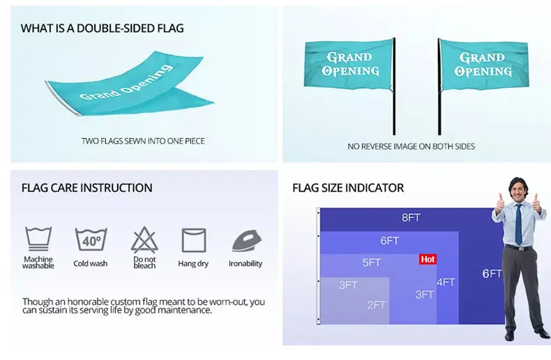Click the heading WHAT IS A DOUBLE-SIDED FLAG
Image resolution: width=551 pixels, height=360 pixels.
[102, 29]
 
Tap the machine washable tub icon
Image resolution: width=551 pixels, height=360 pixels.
[38, 239]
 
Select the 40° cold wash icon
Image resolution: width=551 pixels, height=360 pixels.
[91, 239]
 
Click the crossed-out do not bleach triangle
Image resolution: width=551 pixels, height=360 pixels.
[144, 239]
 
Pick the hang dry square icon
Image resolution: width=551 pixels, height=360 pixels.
[194, 239]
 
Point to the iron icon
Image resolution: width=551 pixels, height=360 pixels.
[246, 240]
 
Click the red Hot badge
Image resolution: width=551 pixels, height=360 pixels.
[428, 259]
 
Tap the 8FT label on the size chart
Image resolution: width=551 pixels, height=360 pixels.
[411, 218]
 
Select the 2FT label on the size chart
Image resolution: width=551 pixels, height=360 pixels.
[377, 304]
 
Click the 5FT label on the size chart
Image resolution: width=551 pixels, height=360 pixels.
[372, 262]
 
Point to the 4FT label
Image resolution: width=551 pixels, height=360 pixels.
[446, 282]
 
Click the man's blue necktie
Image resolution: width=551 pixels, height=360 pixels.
[518, 223]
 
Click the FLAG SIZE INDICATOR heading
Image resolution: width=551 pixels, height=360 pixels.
[347, 188]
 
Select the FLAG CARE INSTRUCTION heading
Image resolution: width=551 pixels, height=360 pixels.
[86, 188]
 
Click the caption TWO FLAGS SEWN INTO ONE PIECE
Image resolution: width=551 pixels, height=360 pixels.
[142, 141]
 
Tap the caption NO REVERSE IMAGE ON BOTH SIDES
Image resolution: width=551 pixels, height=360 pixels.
[411, 147]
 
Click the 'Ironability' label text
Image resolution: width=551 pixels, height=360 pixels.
[246, 264]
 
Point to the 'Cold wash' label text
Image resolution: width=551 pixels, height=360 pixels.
[91, 264]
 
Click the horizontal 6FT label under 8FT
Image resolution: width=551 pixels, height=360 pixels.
[389, 241]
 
